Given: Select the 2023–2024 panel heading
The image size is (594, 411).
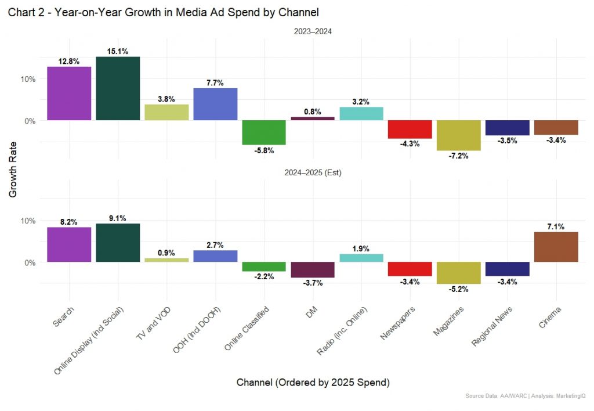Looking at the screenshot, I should [x=313, y=32].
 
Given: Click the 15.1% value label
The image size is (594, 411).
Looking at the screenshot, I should [x=118, y=52].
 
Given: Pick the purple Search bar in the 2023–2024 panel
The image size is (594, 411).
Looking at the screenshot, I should [x=69, y=93].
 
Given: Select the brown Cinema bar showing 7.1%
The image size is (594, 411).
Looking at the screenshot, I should [x=556, y=247].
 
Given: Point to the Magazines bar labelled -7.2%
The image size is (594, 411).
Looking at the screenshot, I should [x=458, y=135].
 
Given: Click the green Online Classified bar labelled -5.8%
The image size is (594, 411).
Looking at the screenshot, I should [x=264, y=132].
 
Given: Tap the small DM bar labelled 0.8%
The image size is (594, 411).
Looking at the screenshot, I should [x=313, y=118].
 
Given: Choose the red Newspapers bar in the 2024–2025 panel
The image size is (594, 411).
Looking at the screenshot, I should [x=410, y=269].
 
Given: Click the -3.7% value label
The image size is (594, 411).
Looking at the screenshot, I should [x=313, y=283].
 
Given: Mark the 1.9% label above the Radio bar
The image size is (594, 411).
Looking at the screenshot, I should [x=361, y=248].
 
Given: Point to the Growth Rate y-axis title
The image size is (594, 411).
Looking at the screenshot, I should [x=13, y=170].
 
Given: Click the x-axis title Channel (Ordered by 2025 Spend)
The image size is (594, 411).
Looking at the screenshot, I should [x=313, y=383].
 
